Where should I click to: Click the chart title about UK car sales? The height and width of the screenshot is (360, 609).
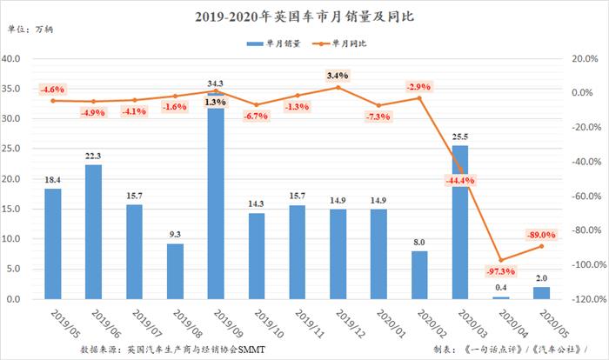point(304,15)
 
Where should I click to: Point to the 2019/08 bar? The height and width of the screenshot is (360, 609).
point(175,270)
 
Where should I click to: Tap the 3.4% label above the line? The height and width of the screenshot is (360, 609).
point(339,76)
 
